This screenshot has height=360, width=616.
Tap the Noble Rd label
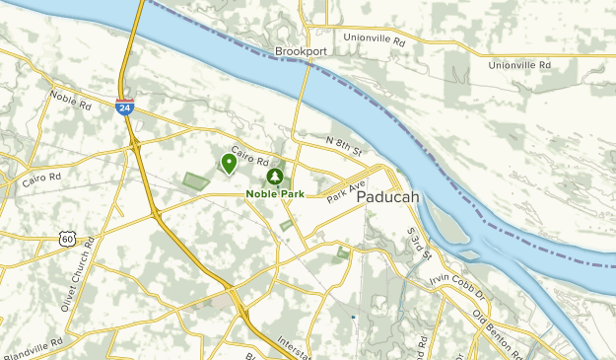[x=70, y=99]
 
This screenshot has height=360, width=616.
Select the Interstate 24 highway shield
[x=124, y=106]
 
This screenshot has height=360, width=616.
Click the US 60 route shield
[x=66, y=238]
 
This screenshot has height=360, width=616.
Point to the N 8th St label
[x=345, y=146]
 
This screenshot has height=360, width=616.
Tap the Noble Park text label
[x=274, y=193]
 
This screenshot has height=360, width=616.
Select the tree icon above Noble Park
[x=274, y=177]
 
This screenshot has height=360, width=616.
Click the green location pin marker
[x=229, y=162]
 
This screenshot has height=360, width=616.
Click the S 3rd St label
[x=419, y=243]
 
